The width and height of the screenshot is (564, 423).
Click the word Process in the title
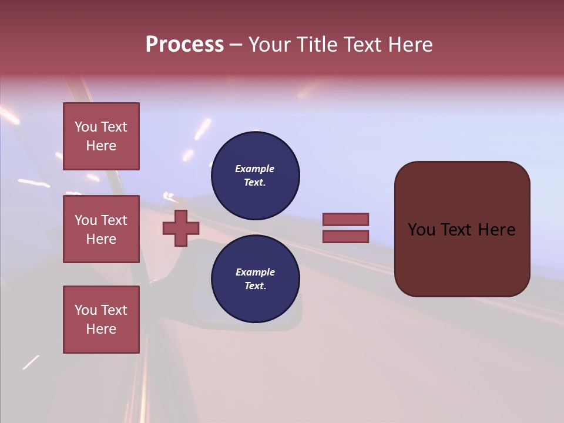(x=184, y=45)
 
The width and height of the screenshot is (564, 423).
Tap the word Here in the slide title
(x=410, y=45)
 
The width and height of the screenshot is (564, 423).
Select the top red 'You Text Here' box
(x=101, y=136)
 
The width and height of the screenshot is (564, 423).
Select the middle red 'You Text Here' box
(x=101, y=229)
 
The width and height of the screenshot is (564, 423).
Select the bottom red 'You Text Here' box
(x=101, y=320)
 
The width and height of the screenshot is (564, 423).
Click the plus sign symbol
(x=181, y=229)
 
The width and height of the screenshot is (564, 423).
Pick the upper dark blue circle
(x=255, y=176)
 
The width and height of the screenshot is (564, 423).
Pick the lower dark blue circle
(x=255, y=279)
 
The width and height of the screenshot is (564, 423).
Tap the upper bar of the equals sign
(x=345, y=219)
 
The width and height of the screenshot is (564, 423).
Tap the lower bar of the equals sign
(x=345, y=236)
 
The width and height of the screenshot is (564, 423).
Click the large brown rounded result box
(x=462, y=258)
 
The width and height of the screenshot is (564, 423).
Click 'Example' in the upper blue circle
(x=254, y=169)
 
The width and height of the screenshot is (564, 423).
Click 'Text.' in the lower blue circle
(x=255, y=286)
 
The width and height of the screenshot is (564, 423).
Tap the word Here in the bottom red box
(x=101, y=329)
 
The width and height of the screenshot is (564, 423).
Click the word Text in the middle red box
(x=113, y=220)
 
